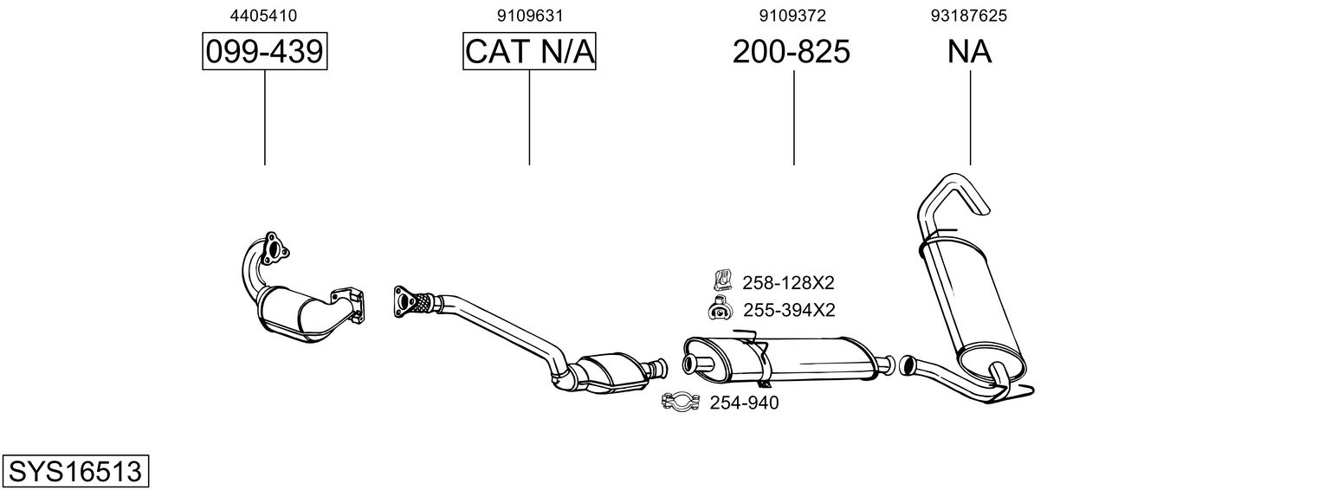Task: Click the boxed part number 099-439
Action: coord(264,52)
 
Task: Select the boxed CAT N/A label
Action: coord(529,52)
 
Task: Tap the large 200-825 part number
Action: coord(791,52)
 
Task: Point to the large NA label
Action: coord(969,52)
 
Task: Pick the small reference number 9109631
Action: coord(529,16)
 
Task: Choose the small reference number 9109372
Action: coord(792,16)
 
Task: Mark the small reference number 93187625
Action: coord(969,16)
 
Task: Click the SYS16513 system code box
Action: coord(74,472)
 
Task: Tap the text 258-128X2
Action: coord(788,282)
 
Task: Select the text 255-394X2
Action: coord(788,310)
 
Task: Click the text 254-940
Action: coord(744,403)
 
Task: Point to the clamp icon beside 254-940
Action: coord(681,402)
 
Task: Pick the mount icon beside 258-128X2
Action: coord(721,280)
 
